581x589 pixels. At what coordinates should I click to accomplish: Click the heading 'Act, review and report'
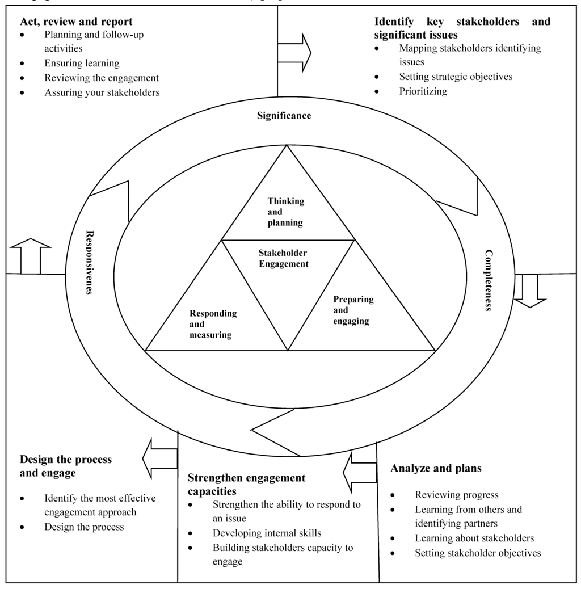[76, 22]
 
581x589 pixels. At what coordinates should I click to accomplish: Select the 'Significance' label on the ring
[284, 116]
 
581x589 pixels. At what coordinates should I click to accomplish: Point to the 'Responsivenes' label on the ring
[89, 262]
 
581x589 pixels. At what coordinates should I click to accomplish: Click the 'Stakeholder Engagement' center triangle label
[283, 258]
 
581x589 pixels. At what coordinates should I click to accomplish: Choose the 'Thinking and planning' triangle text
[285, 212]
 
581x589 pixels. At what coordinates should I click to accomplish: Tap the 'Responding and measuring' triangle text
[213, 324]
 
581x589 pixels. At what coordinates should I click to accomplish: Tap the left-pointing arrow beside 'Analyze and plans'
[360, 471]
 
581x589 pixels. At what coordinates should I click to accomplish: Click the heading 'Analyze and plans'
[436, 468]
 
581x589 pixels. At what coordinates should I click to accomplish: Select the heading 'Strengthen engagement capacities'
[246, 484]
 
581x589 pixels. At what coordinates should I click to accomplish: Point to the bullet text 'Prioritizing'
[423, 91]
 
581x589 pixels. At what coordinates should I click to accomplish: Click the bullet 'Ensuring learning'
[82, 64]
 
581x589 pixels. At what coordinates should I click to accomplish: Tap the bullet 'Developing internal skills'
[267, 533]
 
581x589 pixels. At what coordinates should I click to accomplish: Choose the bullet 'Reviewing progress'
[456, 495]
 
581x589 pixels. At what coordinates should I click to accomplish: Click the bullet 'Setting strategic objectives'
[456, 77]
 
